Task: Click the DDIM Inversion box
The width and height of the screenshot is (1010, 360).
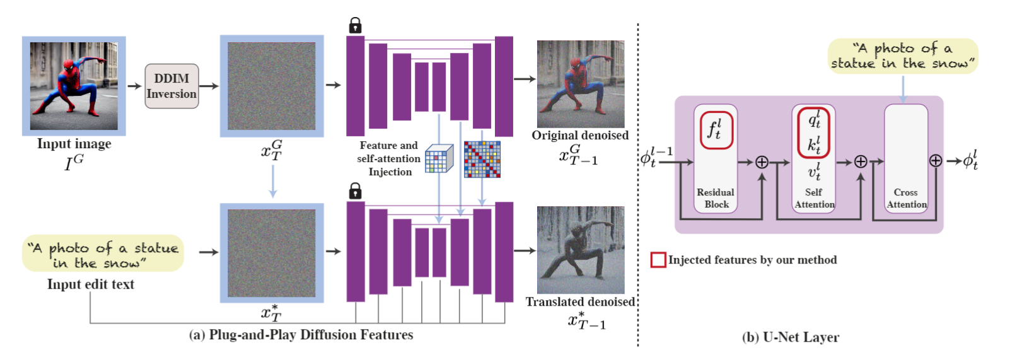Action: pos(171,86)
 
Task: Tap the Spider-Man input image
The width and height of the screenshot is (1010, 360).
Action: pos(74,86)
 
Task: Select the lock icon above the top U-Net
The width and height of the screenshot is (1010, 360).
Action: pos(355,25)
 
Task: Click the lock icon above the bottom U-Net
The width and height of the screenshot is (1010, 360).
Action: pos(355,190)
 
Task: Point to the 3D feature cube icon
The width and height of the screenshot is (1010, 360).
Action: pos(439,158)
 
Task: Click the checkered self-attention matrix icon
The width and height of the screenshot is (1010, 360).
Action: pos(482,159)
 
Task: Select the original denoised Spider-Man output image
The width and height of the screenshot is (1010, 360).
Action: pos(580,84)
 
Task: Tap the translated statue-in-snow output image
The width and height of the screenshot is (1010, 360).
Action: pos(580,250)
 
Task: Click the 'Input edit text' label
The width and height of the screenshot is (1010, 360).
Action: pos(91,284)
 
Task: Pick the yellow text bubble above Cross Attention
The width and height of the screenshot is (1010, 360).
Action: pos(902,56)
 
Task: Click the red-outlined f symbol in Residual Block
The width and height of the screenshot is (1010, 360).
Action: pos(716,131)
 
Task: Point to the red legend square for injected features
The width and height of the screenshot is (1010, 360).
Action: pos(658,260)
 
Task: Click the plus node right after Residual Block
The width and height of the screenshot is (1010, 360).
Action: pos(762,162)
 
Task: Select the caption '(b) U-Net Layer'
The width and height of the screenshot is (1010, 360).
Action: pos(790,337)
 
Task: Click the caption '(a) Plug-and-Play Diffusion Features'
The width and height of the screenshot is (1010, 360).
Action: pos(301,335)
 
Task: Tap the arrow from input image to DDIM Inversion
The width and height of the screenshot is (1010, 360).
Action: pos(134,86)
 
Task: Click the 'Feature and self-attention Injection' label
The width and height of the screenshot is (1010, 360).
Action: pos(388,159)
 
